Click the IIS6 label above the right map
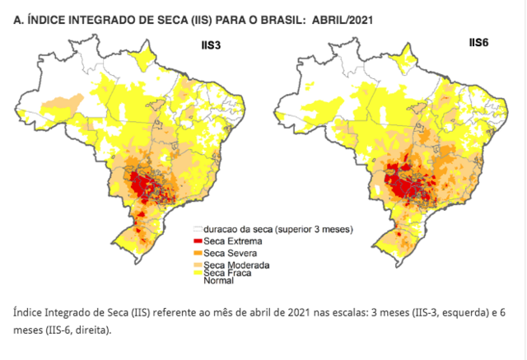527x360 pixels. point(478,41)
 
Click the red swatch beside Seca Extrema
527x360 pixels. point(198,239)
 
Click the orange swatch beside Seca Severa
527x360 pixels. point(198,252)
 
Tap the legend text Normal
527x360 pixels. point(219,280)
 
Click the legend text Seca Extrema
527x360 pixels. point(234,239)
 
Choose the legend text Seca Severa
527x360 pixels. point(232,252)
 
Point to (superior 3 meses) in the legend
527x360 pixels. point(314,227)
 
